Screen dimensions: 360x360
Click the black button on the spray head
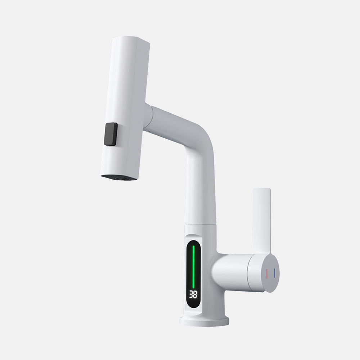[111, 134]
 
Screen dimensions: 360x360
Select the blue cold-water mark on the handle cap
[274, 273]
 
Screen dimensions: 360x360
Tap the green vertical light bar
[193, 266]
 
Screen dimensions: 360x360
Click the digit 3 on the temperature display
[191, 294]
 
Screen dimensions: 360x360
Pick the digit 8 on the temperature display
[195, 294]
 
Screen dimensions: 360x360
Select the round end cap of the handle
[271, 273]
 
